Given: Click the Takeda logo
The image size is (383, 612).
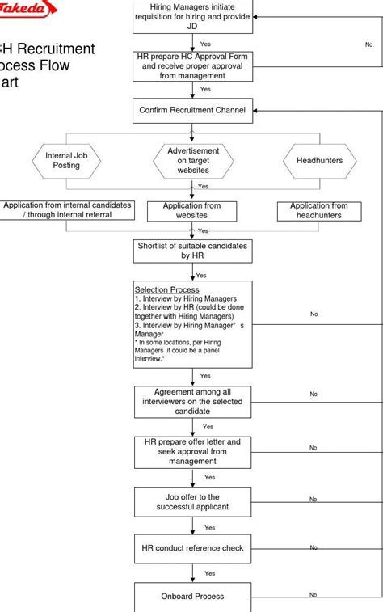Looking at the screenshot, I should pos(28,9).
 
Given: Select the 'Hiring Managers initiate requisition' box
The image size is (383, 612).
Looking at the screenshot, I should pos(192,16).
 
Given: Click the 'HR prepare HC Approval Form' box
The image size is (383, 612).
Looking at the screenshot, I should pos(192,66).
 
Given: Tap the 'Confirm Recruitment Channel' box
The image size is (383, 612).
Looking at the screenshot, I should pos(192,110).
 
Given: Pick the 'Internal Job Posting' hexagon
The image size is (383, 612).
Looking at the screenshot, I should pos(66,160).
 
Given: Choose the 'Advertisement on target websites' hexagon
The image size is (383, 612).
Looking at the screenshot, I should pos(193,161).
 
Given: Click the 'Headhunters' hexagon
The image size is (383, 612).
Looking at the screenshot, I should pos(319,161).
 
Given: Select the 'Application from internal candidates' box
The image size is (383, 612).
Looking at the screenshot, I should pos(67,210).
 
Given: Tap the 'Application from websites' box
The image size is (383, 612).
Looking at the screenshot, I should pos(192,211).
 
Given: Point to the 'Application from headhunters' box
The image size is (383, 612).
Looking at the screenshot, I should pos(319,211).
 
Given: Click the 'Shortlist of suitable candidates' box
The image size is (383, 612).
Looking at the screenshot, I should pos(192,250).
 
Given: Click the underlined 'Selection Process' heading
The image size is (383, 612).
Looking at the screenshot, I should pos(166,289).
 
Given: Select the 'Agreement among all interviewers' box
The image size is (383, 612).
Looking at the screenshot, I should pos(192,401).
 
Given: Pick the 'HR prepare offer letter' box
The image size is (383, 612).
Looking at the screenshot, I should pos(192,452).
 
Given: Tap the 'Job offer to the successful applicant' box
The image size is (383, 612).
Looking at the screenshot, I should pos(192,502).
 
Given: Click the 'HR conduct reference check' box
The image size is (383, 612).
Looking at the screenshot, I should pos(192,548).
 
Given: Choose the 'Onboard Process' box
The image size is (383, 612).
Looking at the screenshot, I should pos(192,597).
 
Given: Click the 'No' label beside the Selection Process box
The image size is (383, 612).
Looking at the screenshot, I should pos(314,314).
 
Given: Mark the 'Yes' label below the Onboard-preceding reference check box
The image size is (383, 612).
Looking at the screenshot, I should pos(209,573).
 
